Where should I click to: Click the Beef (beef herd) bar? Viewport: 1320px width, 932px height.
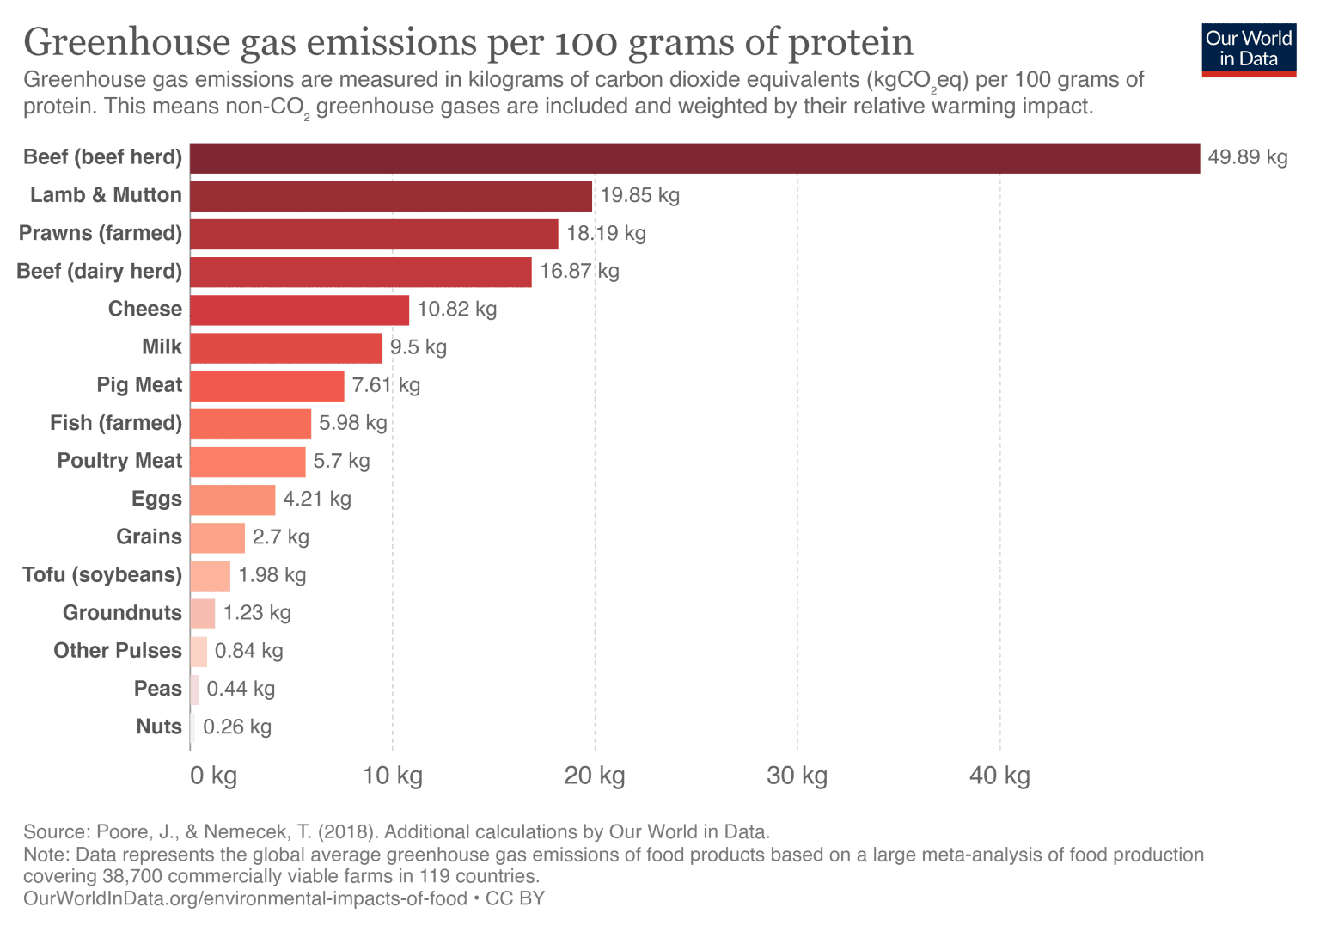pyautogui.click(x=694, y=158)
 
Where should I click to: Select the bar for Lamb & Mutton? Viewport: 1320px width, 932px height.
pyautogui.click(x=391, y=196)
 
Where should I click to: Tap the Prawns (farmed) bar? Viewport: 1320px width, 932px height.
pyautogui.click(x=374, y=234)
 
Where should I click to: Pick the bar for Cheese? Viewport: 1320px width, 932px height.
pyautogui.click(x=299, y=310)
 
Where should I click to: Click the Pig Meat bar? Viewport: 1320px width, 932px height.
pyautogui.click(x=266, y=386)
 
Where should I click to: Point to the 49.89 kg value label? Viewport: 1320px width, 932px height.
pyautogui.click(x=1247, y=157)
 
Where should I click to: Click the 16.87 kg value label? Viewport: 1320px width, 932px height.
pyautogui.click(x=579, y=272)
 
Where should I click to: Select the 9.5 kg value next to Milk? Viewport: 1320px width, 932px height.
pyautogui.click(x=419, y=347)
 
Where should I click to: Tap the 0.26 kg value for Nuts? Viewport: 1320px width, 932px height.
pyautogui.click(x=237, y=727)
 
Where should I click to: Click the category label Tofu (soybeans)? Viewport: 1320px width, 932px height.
pyautogui.click(x=102, y=574)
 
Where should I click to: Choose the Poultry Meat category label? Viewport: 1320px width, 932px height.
pyautogui.click(x=119, y=461)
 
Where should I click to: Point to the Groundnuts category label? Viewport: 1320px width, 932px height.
pyautogui.click(x=122, y=613)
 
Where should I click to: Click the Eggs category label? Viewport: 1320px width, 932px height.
pyautogui.click(x=156, y=499)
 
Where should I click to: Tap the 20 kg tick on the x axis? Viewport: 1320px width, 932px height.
pyautogui.click(x=595, y=776)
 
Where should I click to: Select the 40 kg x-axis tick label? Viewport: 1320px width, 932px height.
pyautogui.click(x=999, y=776)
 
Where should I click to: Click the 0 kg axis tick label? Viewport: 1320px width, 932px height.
pyautogui.click(x=213, y=776)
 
